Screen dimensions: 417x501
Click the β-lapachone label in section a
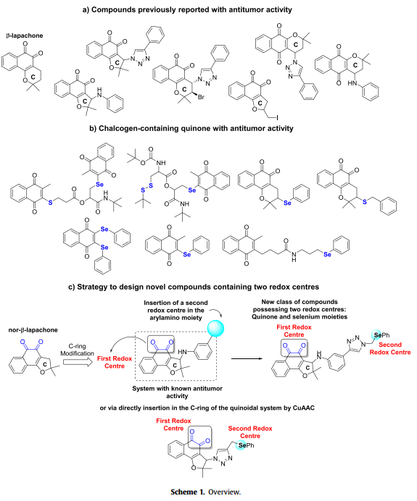pyautogui.click(x=25, y=35)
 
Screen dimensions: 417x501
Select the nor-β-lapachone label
pyautogui.click(x=33, y=330)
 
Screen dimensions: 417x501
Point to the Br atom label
pyautogui.click(x=201, y=97)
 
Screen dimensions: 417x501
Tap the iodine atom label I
pyautogui.click(x=277, y=118)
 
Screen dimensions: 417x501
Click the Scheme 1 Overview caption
pyautogui.click(x=205, y=492)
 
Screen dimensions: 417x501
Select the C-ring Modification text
pyautogui.click(x=77, y=350)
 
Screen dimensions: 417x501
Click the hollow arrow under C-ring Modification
pyautogui.click(x=78, y=362)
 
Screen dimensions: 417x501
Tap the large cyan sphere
pyautogui.click(x=215, y=329)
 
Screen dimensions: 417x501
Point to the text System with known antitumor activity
pyautogui.click(x=177, y=392)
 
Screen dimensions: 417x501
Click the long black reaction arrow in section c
pyautogui.click(x=247, y=359)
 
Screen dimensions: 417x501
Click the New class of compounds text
pyautogui.click(x=300, y=309)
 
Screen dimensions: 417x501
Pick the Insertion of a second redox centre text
pyautogui.click(x=176, y=311)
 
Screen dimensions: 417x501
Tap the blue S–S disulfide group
pyautogui.click(x=147, y=188)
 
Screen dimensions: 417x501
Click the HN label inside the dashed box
pyautogui.click(x=182, y=352)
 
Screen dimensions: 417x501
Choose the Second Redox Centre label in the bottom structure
pyautogui.click(x=250, y=432)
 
